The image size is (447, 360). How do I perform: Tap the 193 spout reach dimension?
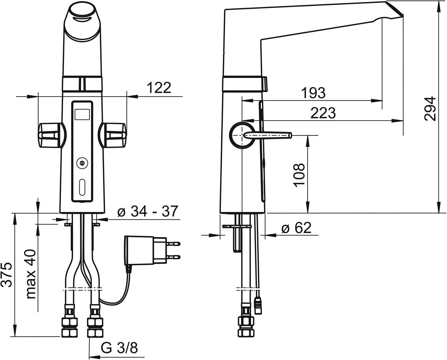313,93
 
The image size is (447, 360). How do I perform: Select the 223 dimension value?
323,113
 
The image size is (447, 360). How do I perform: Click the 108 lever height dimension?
299,175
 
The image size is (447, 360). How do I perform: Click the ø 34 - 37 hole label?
148,211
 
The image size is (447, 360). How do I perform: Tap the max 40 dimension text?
31,274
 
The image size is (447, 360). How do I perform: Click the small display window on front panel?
82,114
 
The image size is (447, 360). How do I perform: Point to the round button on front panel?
82,162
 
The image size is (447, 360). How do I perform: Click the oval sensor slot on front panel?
82,187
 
